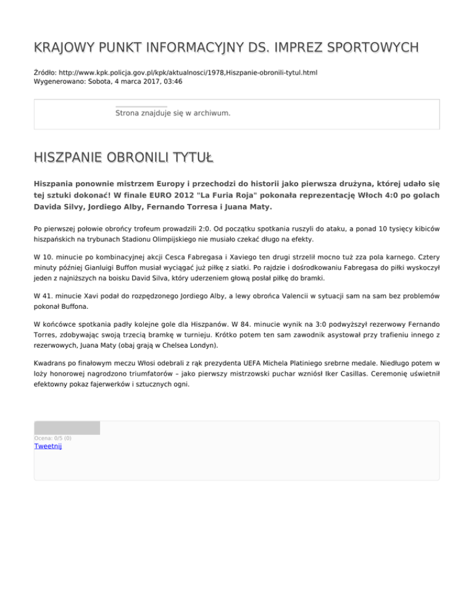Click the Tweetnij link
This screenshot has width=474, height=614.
(x=48, y=446)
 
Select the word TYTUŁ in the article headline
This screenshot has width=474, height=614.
(x=191, y=158)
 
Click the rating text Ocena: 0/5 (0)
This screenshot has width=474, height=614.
(x=52, y=438)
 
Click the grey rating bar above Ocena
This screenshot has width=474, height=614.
(x=67, y=427)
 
